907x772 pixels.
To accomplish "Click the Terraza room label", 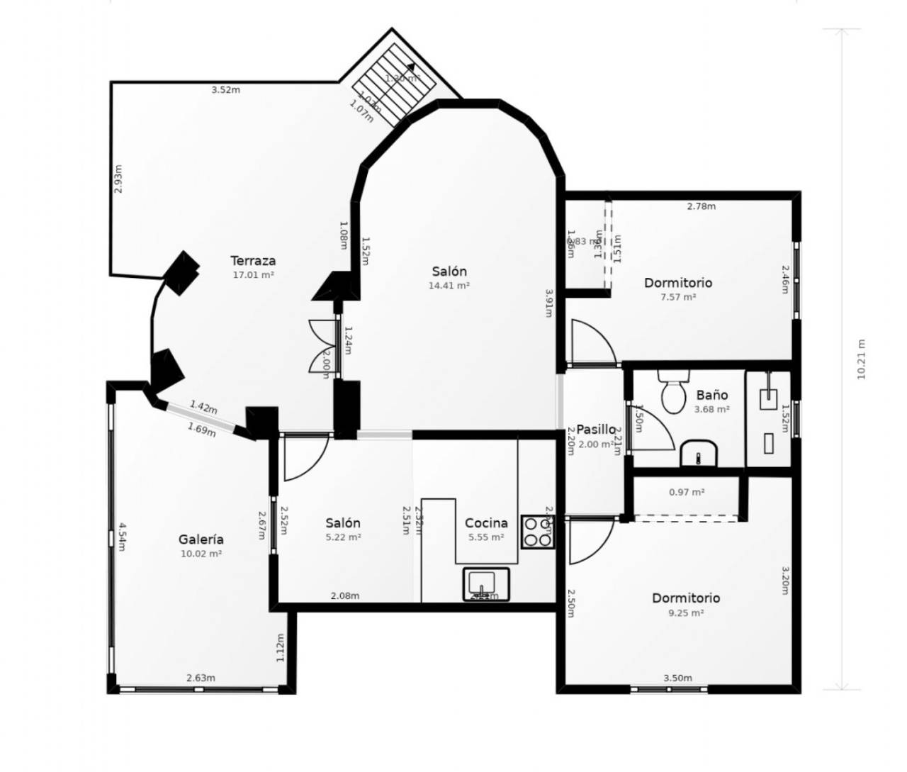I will (253, 261).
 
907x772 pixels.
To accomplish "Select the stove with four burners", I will (538, 532).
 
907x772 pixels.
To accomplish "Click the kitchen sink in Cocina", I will (485, 583).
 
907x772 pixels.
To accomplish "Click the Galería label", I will (201, 539).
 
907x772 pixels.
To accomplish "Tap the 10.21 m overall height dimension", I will (862, 359).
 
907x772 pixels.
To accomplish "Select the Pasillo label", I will (595, 430).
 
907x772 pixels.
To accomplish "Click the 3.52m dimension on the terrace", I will (226, 90).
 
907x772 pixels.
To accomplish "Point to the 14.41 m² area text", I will (449, 286).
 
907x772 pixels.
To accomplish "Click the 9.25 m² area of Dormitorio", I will (685, 613).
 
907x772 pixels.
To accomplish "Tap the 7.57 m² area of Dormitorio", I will (677, 297).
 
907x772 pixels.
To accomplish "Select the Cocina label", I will (486, 523).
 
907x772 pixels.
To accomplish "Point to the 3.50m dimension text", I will (677, 678).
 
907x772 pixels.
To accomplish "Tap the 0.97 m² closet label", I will (687, 492).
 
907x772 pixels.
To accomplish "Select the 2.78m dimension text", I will (702, 206).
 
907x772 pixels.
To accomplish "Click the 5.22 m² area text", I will (343, 537).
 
